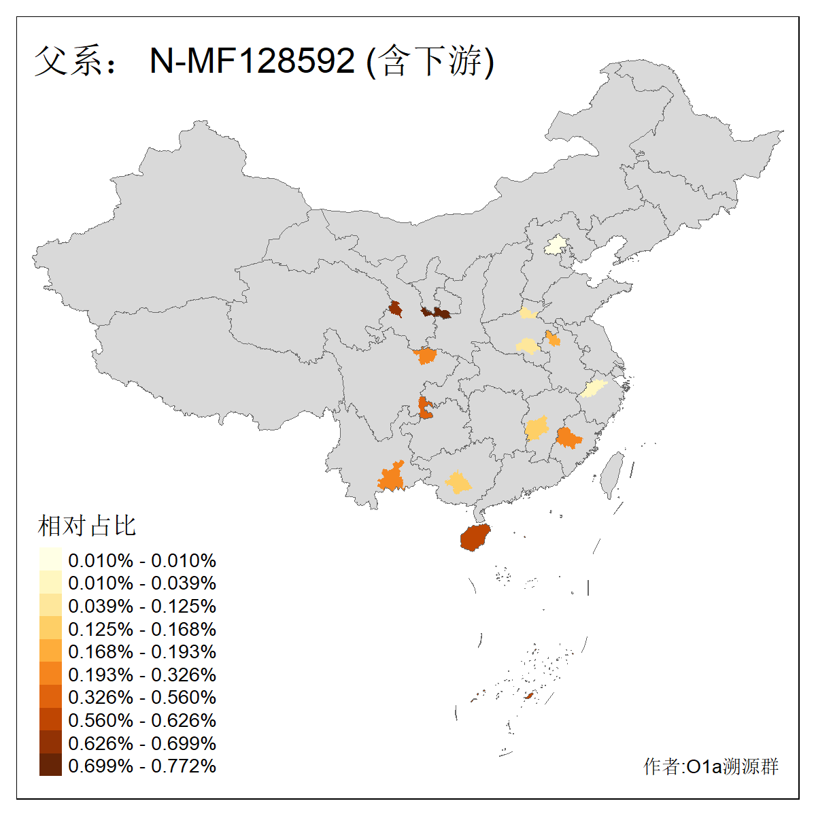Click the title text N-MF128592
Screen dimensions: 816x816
click(252, 61)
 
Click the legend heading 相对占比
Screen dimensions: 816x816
click(87, 526)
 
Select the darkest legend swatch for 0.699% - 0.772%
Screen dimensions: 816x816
click(50, 765)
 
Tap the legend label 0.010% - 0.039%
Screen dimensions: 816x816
click(142, 583)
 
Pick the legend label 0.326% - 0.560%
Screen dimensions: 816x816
click(142, 697)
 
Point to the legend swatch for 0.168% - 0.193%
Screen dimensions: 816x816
click(50, 651)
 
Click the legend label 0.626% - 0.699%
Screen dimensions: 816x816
click(142, 743)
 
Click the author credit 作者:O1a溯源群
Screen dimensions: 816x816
click(711, 766)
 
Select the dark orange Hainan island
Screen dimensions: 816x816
click(475, 537)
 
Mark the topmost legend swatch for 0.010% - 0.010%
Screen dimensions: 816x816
click(50, 560)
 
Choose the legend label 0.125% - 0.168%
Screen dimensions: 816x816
click(142, 628)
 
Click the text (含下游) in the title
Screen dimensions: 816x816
click(430, 61)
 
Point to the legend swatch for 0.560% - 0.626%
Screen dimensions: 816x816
click(50, 719)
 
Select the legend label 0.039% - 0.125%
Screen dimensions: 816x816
click(142, 606)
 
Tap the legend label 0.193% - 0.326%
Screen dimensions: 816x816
click(142, 674)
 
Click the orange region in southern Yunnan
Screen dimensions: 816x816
click(392, 477)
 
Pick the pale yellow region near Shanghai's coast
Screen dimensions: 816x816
click(593, 389)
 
